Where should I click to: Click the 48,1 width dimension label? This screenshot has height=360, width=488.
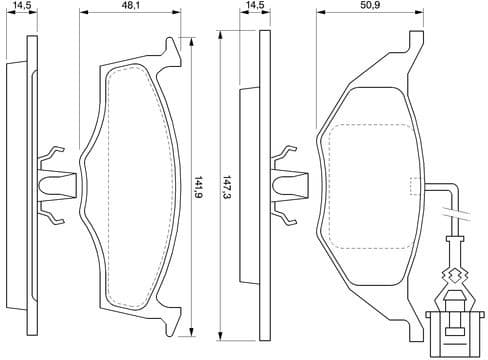(x=130, y=6)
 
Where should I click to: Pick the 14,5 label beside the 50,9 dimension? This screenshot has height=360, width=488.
(x=255, y=6)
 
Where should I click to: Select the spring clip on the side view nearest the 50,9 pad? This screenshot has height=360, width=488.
(x=290, y=180)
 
